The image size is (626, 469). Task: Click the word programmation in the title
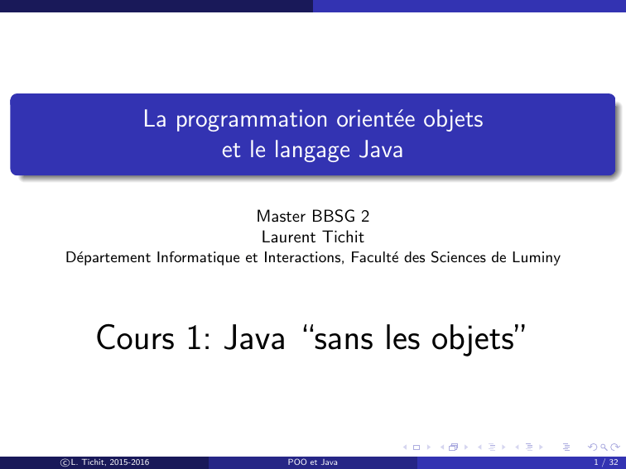pyautogui.click(x=252, y=120)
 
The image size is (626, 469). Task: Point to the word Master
pyautogui.click(x=281, y=216)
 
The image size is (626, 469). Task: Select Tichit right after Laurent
pyautogui.click(x=344, y=237)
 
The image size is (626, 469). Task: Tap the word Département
pyautogui.click(x=108, y=257)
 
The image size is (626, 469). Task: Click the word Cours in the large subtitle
pyautogui.click(x=135, y=337)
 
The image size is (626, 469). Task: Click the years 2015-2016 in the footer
pyautogui.click(x=129, y=462)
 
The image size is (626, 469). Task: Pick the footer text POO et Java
pyautogui.click(x=313, y=462)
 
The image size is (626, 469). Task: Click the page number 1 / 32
pyautogui.click(x=606, y=462)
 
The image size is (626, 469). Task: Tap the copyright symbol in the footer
pyautogui.click(x=65, y=462)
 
